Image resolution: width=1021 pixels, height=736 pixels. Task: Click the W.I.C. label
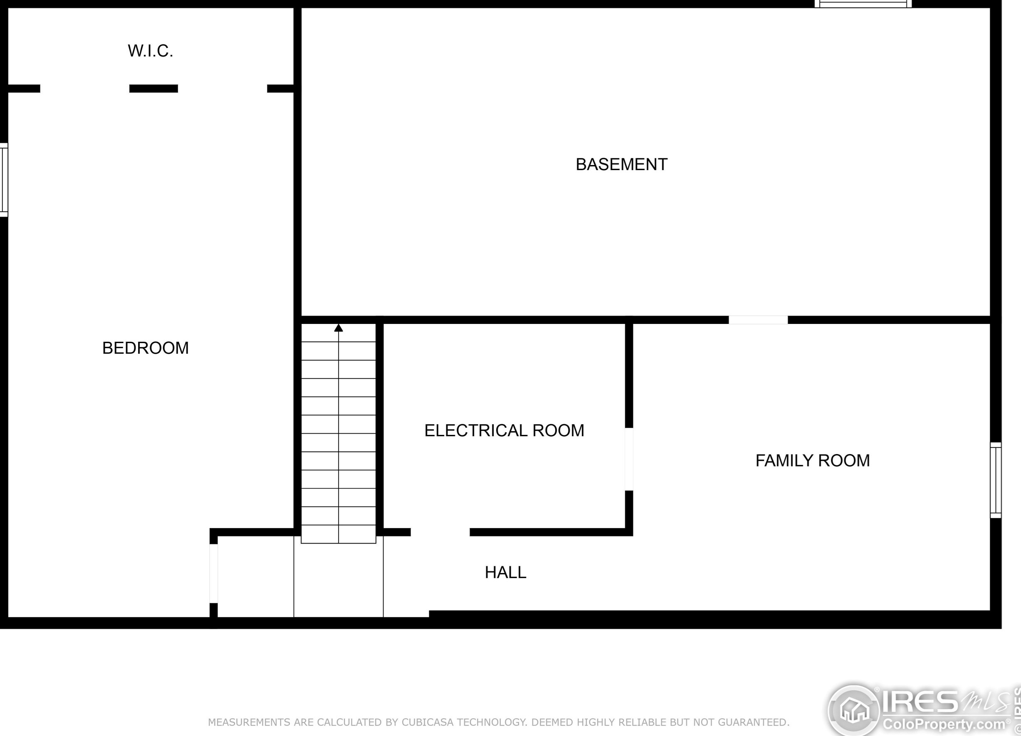(x=151, y=51)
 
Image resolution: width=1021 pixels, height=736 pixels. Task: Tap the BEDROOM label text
(x=146, y=348)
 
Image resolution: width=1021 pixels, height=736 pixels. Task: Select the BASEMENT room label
(x=622, y=164)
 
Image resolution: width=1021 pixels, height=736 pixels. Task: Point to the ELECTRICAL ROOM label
(x=504, y=430)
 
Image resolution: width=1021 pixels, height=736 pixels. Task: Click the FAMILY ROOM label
(x=813, y=460)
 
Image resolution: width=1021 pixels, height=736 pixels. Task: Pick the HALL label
(x=506, y=572)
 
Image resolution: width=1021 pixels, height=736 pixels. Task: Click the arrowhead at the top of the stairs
(x=339, y=328)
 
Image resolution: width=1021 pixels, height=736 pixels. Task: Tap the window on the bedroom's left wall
(x=4, y=180)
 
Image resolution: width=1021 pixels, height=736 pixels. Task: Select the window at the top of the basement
(x=863, y=4)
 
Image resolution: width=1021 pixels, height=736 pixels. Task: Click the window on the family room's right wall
(x=996, y=480)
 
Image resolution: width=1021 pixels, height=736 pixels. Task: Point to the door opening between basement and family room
(x=758, y=320)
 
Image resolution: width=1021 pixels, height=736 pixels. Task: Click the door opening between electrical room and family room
(x=629, y=459)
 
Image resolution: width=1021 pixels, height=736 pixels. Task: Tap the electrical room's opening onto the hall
(x=440, y=532)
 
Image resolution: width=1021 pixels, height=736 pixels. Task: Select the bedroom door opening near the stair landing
(x=214, y=573)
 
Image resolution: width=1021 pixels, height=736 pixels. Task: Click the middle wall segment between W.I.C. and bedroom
(x=153, y=89)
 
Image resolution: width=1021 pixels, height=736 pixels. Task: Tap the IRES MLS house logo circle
(x=854, y=711)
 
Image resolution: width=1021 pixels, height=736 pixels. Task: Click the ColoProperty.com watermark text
(x=944, y=725)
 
